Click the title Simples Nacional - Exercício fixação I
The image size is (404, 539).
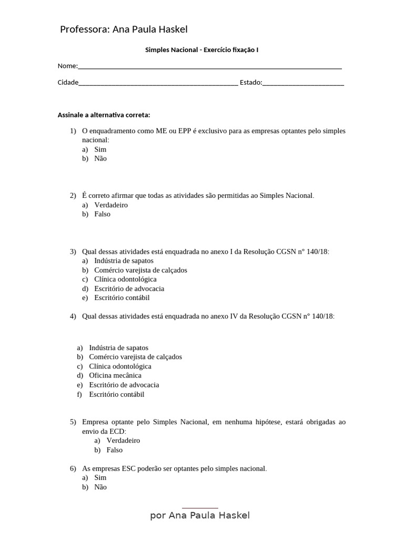[201, 50]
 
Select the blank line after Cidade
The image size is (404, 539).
[158, 83]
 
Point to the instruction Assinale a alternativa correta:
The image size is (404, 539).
[104, 115]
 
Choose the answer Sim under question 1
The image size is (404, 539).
[100, 149]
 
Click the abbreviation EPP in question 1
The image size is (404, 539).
[184, 131]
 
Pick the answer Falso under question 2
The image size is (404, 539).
[102, 214]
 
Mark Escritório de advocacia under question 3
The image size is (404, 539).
[129, 288]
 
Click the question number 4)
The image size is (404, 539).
[73, 316]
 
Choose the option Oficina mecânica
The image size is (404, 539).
[115, 375]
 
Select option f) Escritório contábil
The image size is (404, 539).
[116, 394]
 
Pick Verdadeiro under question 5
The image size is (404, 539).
[123, 441]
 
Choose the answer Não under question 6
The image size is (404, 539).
[100, 487]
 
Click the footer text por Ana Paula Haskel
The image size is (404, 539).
[200, 515]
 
